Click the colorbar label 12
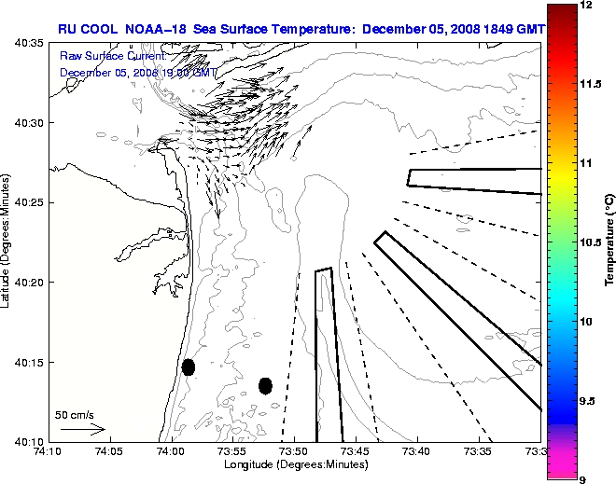click(585, 6)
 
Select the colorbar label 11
click(585, 163)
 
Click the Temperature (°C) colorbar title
click(609, 240)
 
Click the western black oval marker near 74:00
click(189, 366)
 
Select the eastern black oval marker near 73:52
click(265, 385)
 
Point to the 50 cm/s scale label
click(75, 415)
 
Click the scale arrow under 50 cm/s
click(82, 430)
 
